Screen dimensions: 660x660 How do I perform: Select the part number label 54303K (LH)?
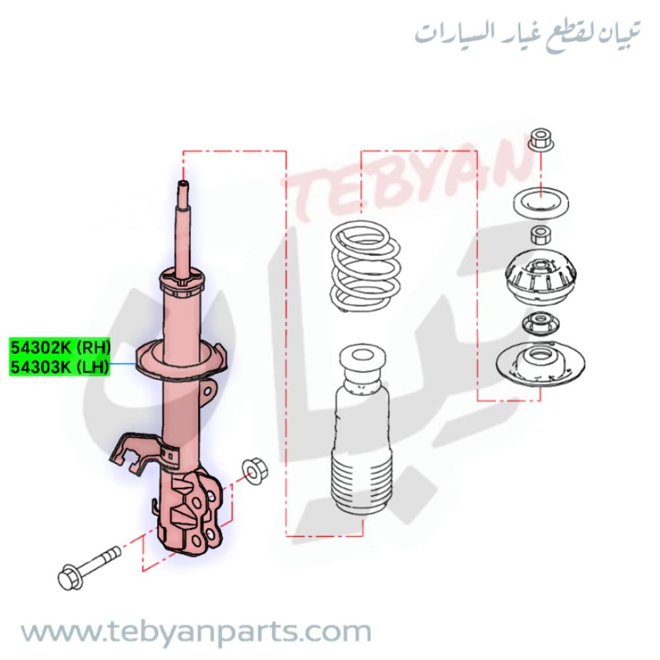tap(59, 367)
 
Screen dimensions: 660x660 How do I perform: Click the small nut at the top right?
tap(541, 140)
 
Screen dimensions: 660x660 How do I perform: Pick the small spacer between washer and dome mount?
tap(540, 234)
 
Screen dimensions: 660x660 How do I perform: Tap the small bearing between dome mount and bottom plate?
tap(540, 323)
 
